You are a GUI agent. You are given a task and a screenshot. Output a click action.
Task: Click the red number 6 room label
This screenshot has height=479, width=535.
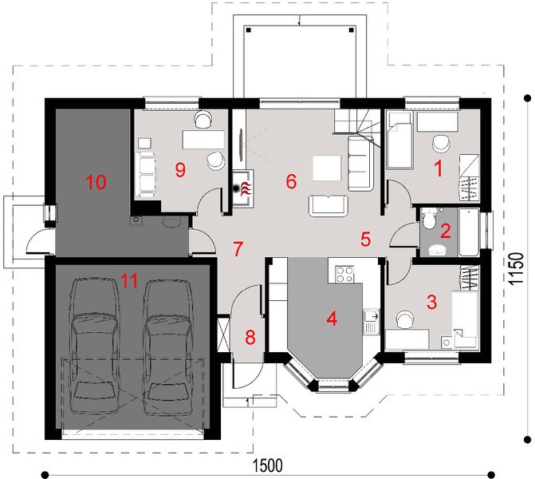[x=291, y=182]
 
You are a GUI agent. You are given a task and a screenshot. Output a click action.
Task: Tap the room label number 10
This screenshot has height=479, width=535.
[x=96, y=182]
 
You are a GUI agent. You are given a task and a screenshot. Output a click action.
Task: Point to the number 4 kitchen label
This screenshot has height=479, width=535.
[x=332, y=319]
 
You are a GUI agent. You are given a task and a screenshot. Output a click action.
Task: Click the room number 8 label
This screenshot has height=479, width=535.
[x=250, y=337]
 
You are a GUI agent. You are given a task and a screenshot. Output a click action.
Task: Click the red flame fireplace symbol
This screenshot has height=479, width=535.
[x=246, y=188]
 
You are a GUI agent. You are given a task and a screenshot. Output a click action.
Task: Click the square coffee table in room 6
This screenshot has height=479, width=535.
[x=326, y=168]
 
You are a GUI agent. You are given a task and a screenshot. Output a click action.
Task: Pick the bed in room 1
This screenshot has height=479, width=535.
[x=399, y=141]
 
